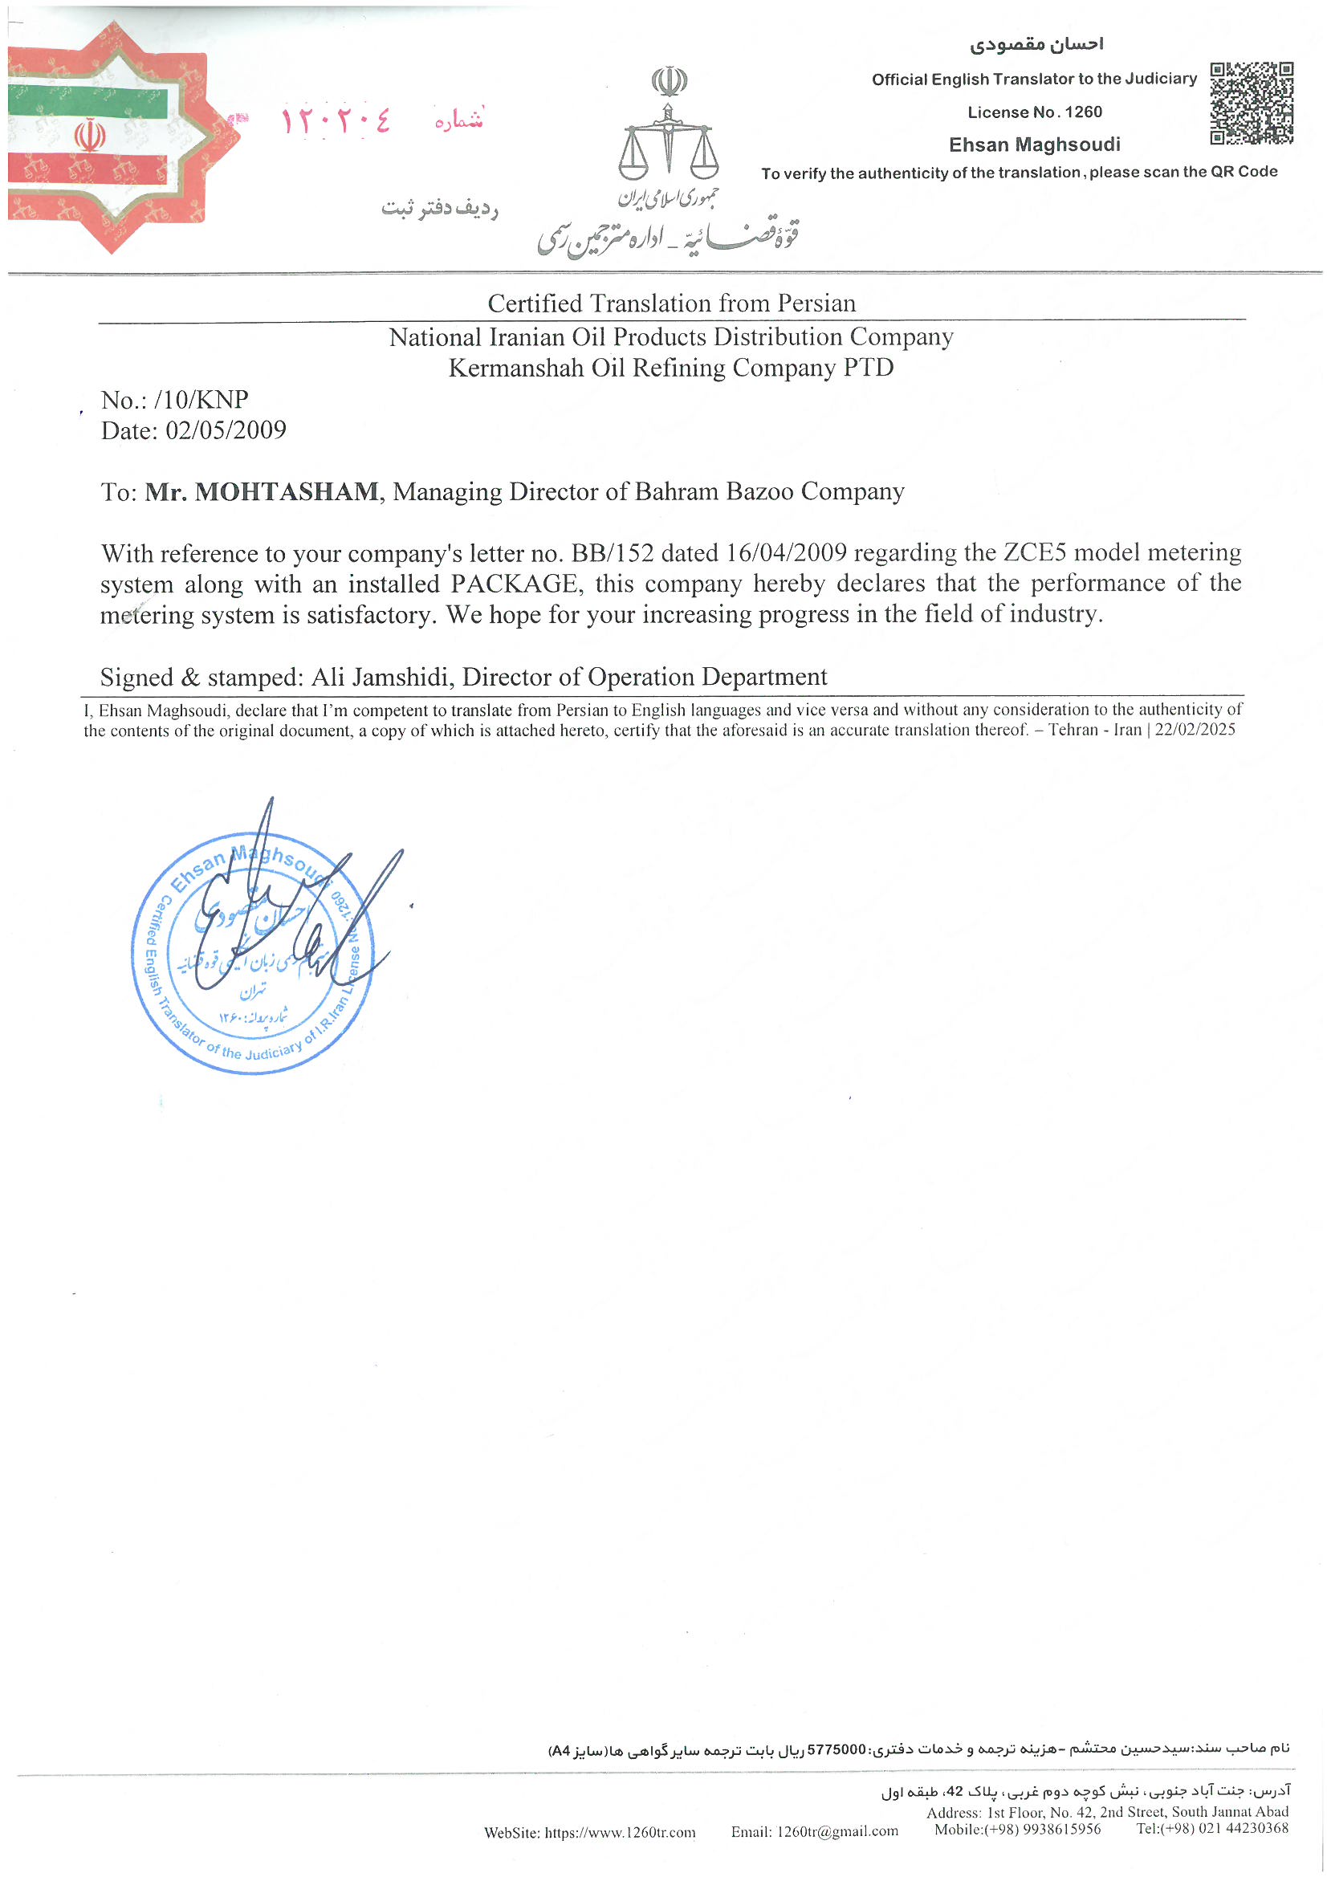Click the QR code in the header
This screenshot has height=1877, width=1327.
pos(1251,103)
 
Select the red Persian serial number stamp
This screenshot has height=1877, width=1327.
pos(336,122)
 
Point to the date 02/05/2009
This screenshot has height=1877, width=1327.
pos(226,431)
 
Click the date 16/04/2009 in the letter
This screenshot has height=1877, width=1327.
pos(786,553)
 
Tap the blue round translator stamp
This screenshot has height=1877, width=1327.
pos(252,952)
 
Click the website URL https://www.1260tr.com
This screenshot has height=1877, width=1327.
pos(620,1832)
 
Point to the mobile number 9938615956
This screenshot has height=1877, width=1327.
pos(1061,1829)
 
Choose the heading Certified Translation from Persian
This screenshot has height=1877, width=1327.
pos(671,303)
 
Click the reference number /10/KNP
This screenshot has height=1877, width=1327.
pos(201,400)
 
